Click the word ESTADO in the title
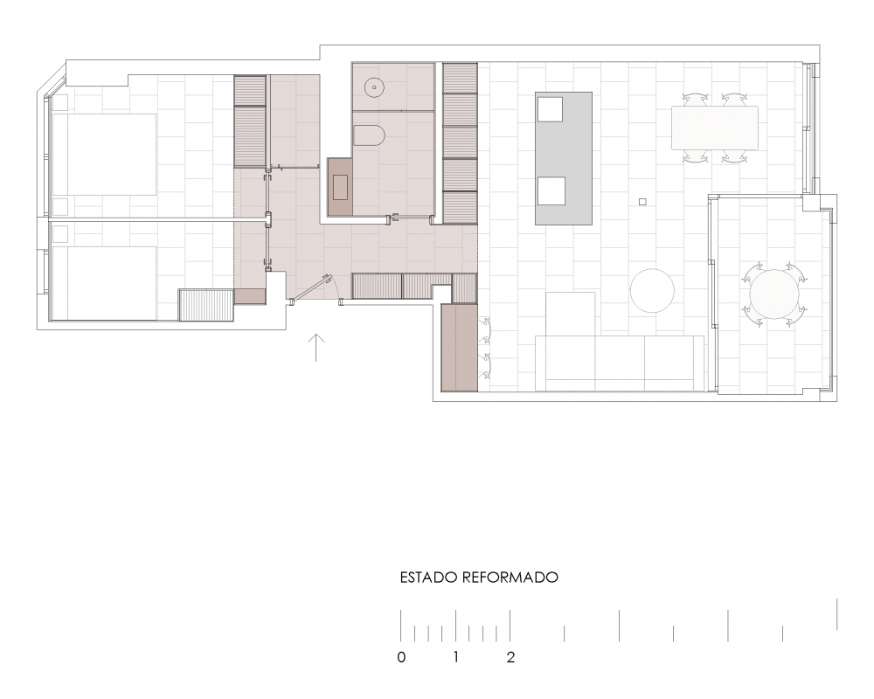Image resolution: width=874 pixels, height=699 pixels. click(428, 578)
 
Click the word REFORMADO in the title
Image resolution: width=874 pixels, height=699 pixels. click(510, 578)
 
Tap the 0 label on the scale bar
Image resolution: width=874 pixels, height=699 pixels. click(401, 657)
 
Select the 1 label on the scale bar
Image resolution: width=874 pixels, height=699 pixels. click(455, 657)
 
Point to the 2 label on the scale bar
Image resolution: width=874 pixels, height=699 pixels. click(510, 657)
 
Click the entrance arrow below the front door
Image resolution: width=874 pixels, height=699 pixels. click(316, 348)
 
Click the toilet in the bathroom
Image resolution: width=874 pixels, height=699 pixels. click(370, 136)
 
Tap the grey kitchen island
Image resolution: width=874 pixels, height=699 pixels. click(564, 158)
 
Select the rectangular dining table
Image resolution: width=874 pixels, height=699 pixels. click(715, 128)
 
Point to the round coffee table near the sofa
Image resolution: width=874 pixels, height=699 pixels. click(652, 290)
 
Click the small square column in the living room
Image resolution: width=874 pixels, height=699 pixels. click(642, 202)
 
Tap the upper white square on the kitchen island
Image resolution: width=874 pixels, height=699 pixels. click(551, 108)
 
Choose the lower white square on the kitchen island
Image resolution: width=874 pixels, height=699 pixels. click(551, 190)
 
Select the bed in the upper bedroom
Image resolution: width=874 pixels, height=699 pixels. click(104, 155)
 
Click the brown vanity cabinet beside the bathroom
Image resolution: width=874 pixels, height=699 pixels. click(340, 187)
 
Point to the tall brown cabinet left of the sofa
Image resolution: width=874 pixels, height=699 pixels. click(460, 347)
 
